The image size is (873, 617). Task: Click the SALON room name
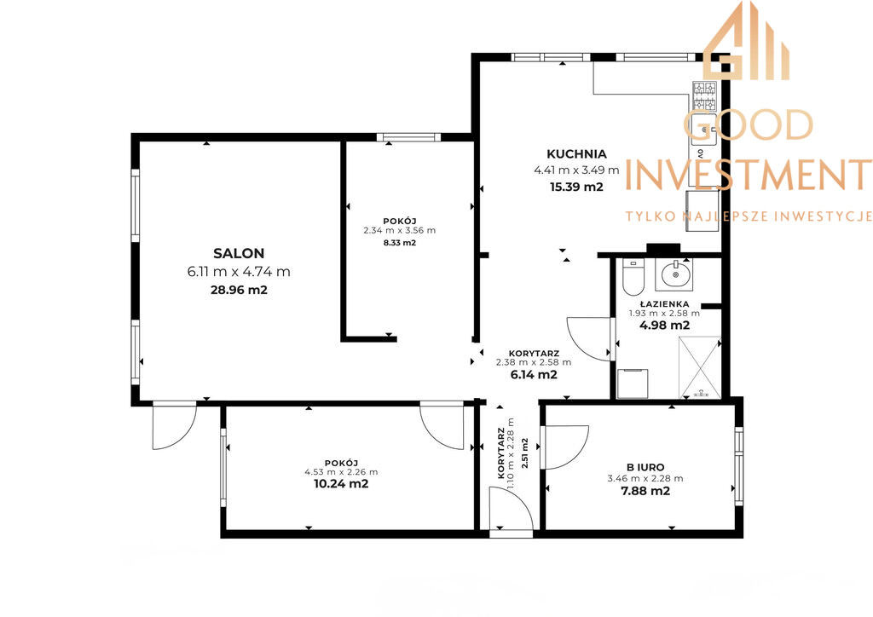click(x=239, y=254)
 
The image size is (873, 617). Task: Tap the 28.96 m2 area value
click(x=239, y=290)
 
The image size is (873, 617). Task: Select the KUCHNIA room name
click(x=576, y=154)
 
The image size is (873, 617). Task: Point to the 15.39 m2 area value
click(x=576, y=187)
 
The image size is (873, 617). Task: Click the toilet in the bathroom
click(x=633, y=276)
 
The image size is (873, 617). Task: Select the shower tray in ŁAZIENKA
click(x=700, y=368)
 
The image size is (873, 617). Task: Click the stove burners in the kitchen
click(x=704, y=95)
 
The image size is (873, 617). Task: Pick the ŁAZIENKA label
click(x=664, y=303)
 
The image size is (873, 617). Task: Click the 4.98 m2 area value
click(x=664, y=326)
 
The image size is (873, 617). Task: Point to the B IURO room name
click(x=645, y=467)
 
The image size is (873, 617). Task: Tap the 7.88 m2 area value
click(x=645, y=491)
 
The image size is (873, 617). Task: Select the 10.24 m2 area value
click(x=341, y=483)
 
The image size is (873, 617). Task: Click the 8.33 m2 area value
click(x=400, y=243)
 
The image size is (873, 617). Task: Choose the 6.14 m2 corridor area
click(x=534, y=374)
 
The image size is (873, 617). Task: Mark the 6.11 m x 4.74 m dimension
click(x=239, y=272)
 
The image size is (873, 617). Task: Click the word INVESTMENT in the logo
click(x=749, y=174)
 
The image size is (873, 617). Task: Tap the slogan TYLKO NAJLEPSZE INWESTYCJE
click(x=749, y=216)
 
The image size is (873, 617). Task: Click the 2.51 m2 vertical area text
click(x=524, y=453)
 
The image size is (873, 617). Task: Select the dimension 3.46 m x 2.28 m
click(x=645, y=478)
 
